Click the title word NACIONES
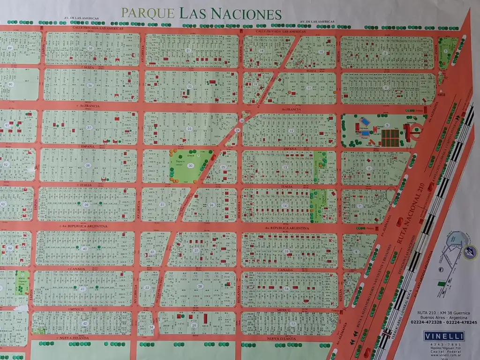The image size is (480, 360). pos(246,14)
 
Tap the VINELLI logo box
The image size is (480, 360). pos(443,336)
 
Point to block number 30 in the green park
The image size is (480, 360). pos(190,165)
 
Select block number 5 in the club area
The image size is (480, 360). pos(387,125)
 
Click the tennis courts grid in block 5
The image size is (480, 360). pos(390,137)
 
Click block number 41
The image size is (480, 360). pos(83,289)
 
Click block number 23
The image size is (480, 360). pos(189,128)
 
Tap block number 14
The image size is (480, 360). pos(285,206)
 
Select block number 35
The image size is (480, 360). pos(90,49)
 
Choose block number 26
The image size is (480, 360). pos(212,205)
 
